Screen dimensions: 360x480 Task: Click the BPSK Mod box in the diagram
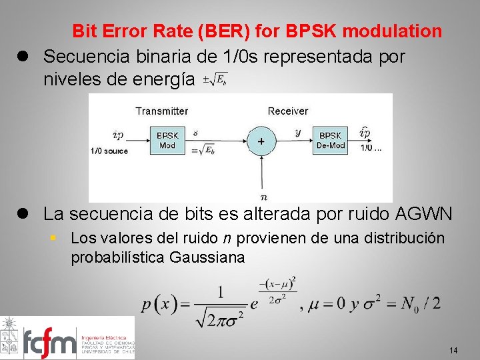coord(167,140)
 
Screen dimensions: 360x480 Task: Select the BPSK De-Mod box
coord(331,140)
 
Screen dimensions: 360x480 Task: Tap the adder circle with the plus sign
coord(261,141)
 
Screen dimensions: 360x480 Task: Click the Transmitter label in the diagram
coord(162,111)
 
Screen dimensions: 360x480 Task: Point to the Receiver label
coord(288,111)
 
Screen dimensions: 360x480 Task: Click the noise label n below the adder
coord(265,196)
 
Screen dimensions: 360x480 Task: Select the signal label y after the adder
coord(298,132)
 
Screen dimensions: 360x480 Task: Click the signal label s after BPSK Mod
coord(195,133)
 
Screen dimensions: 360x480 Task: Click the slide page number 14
coord(453,350)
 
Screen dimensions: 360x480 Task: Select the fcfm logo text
coord(50,343)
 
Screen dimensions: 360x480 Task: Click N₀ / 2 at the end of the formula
coord(421,304)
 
